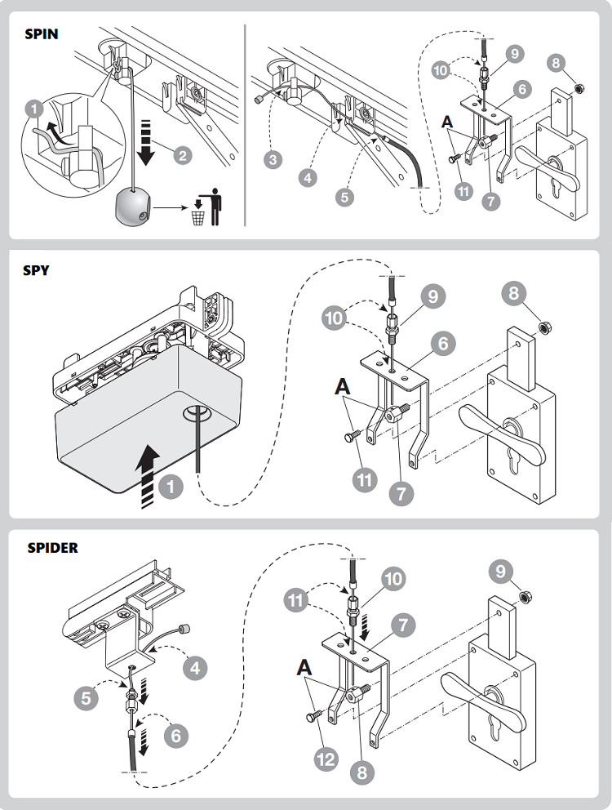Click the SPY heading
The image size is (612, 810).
click(36, 270)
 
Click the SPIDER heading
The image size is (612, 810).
click(53, 548)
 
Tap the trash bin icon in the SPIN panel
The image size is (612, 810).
click(197, 217)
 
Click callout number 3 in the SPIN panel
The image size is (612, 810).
click(273, 158)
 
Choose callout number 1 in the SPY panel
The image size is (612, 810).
click(169, 488)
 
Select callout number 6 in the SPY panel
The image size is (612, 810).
click(443, 344)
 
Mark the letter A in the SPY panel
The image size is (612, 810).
click(341, 386)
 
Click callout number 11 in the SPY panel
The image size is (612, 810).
click(366, 479)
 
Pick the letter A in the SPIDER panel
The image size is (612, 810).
click(304, 667)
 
